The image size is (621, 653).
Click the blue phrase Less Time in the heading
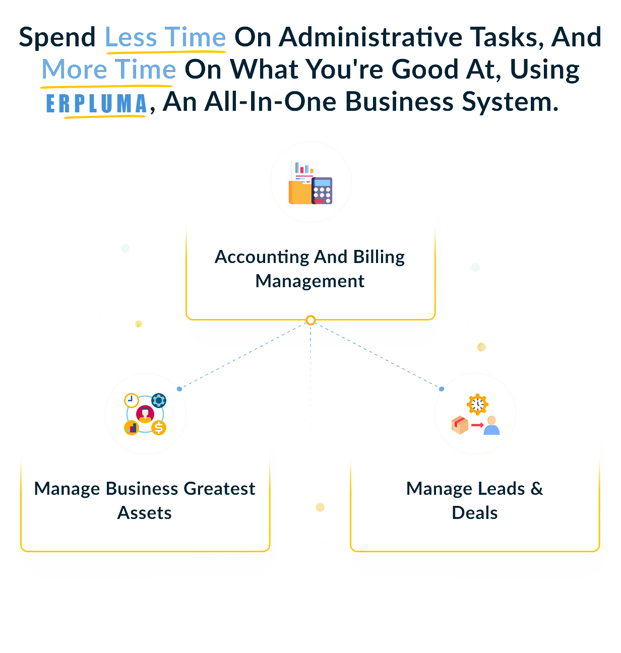[165, 38]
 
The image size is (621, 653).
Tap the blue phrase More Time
[108, 70]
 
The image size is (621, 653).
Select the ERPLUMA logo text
[96, 103]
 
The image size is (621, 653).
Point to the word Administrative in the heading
[370, 38]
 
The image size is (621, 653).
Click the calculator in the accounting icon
[322, 190]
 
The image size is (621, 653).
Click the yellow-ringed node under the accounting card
[310, 320]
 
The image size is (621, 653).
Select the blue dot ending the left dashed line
[179, 389]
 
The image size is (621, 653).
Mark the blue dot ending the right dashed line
[442, 389]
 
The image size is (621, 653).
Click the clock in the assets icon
[131, 400]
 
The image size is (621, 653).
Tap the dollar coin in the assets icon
[159, 428]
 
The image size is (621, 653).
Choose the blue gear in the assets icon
[159, 401]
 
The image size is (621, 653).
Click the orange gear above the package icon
[477, 404]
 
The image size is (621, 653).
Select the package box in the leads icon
[460, 425]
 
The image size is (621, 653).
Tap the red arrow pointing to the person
[477, 426]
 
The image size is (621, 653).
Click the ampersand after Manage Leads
[536, 489]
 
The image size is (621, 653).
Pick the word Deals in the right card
[474, 513]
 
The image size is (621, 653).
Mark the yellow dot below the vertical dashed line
[320, 507]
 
